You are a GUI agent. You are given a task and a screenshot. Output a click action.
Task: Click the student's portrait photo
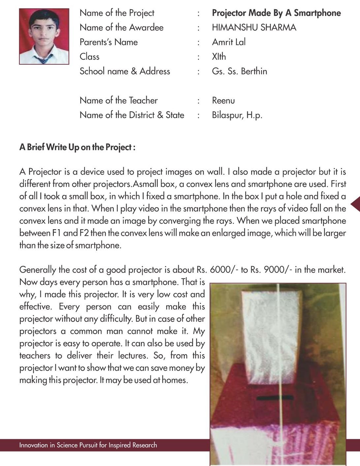click(x=44, y=36)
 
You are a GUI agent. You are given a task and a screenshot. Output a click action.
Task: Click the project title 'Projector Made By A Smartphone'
click(x=276, y=13)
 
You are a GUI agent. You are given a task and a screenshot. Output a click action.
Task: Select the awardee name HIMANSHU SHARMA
click(x=254, y=27)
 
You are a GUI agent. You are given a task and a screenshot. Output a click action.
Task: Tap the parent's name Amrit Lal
click(x=229, y=42)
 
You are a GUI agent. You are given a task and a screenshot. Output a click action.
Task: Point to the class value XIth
click(x=219, y=56)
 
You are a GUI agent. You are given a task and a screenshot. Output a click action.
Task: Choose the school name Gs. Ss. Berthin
click(x=239, y=71)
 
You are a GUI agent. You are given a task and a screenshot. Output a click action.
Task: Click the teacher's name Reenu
click(x=223, y=100)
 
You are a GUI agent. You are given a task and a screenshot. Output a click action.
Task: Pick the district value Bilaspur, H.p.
click(x=237, y=115)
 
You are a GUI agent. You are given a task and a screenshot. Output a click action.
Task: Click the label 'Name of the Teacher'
click(x=118, y=100)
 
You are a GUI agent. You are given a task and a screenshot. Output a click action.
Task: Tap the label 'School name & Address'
click(x=125, y=71)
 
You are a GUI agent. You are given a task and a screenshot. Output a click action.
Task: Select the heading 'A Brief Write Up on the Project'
click(x=77, y=147)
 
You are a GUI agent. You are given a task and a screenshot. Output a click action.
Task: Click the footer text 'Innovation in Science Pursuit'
click(x=88, y=445)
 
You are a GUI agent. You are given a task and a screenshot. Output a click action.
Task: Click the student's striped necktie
click(x=43, y=59)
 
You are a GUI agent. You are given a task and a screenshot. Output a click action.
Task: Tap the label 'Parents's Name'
click(x=109, y=42)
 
